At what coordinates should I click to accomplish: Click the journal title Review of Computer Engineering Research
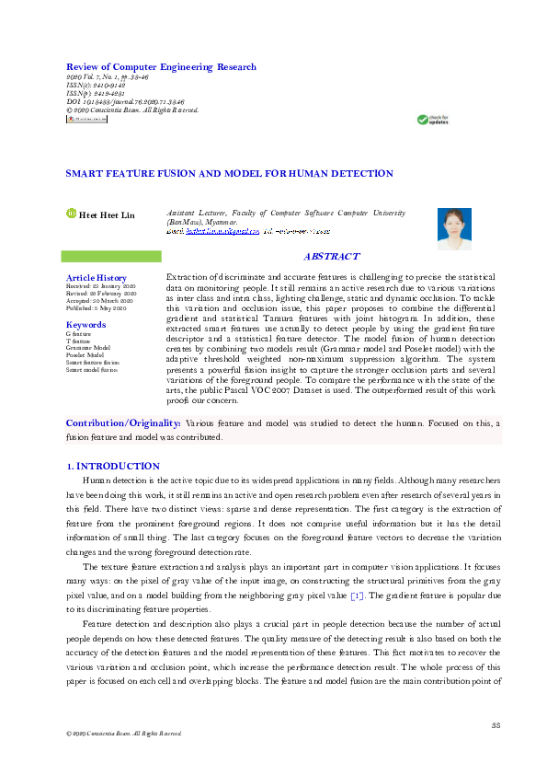161,67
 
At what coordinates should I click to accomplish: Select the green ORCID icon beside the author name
71,214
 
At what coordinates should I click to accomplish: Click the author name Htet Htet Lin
107,215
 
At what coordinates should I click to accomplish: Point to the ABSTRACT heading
332,257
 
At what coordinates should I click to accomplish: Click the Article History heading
97,278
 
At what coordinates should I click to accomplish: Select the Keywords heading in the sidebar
85,325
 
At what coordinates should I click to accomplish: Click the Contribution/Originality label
123,423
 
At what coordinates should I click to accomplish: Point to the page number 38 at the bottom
495,726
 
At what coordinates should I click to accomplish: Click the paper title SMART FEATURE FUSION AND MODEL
217,173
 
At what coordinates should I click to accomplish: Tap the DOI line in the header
125,102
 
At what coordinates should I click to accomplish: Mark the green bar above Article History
110,255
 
